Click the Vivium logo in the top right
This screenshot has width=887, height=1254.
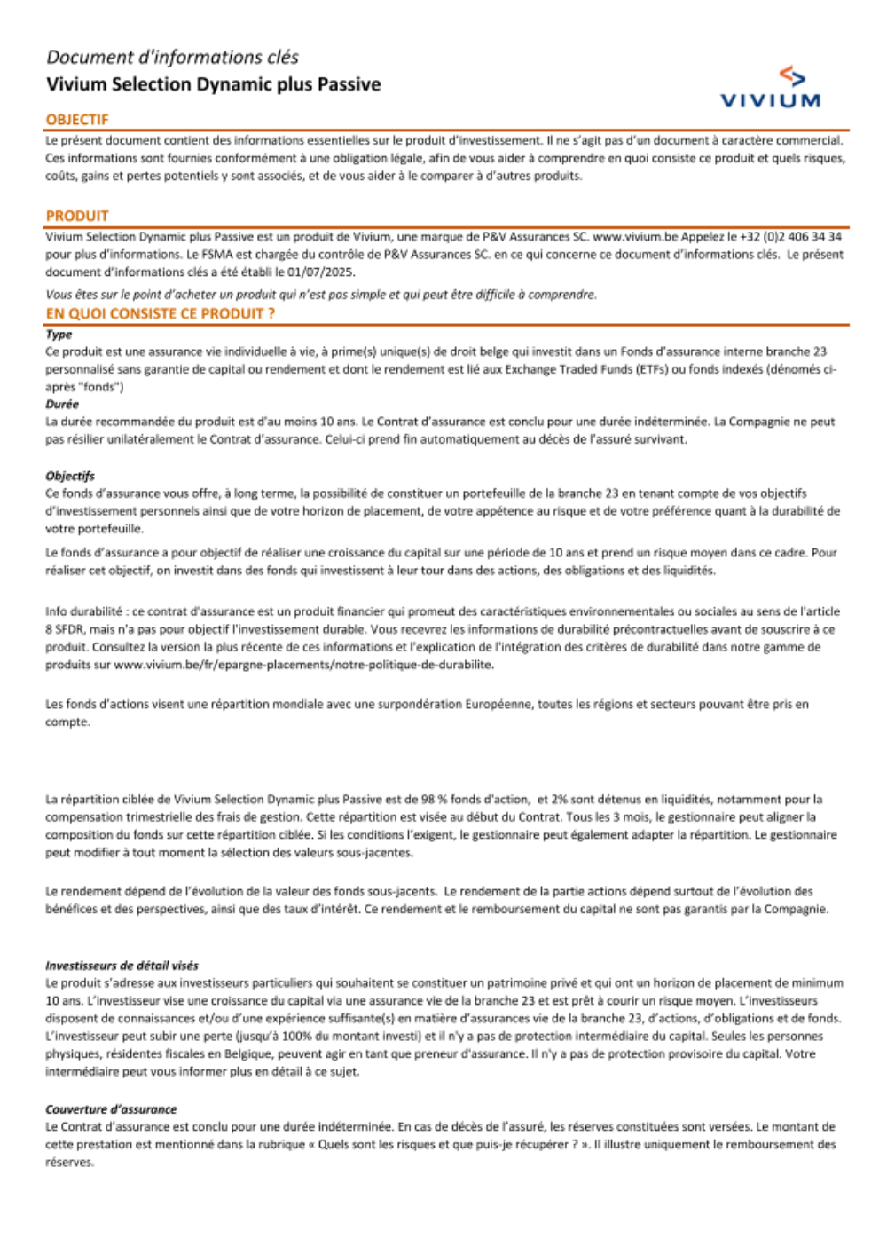tap(770, 88)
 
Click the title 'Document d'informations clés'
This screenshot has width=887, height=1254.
tap(172, 58)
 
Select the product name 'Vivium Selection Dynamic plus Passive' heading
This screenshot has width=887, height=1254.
tap(213, 85)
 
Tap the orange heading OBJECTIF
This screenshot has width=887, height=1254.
tap(77, 120)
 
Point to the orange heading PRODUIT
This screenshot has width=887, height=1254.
tap(77, 216)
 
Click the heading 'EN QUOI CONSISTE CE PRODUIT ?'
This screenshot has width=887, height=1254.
tap(161, 313)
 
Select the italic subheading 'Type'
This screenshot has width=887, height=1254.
tap(59, 335)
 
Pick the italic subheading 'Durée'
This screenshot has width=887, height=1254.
tap(62, 404)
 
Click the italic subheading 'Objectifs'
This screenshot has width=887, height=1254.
tap(70, 476)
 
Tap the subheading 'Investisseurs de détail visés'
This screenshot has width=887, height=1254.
tap(122, 966)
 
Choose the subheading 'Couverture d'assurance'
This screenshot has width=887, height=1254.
tap(111, 1109)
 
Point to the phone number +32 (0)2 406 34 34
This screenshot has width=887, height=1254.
tap(790, 237)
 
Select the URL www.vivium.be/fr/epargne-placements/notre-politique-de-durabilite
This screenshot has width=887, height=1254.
tap(303, 665)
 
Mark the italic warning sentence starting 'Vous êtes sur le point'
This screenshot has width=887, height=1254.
tap(321, 295)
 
